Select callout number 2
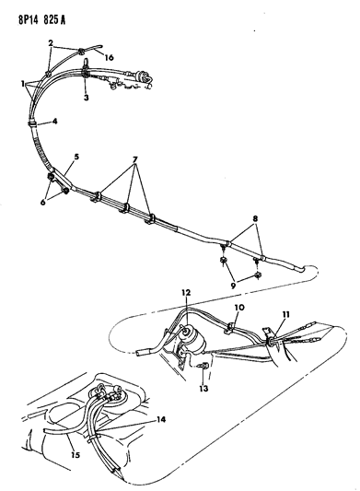[x=51, y=44]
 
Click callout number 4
[x=54, y=121]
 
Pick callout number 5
[x=75, y=158]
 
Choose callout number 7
[x=137, y=158]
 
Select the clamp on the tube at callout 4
[x=34, y=121]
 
